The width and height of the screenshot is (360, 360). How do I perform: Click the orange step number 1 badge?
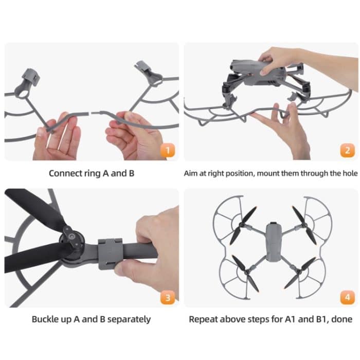pos(165,151)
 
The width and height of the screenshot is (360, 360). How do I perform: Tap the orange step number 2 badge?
pos(347,151)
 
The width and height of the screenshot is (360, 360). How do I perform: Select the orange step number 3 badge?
pos(165,297)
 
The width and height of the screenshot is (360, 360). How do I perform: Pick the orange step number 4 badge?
pos(347,297)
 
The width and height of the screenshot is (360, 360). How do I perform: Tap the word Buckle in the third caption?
pos(46,319)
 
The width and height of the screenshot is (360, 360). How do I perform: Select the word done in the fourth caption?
pos(341,319)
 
